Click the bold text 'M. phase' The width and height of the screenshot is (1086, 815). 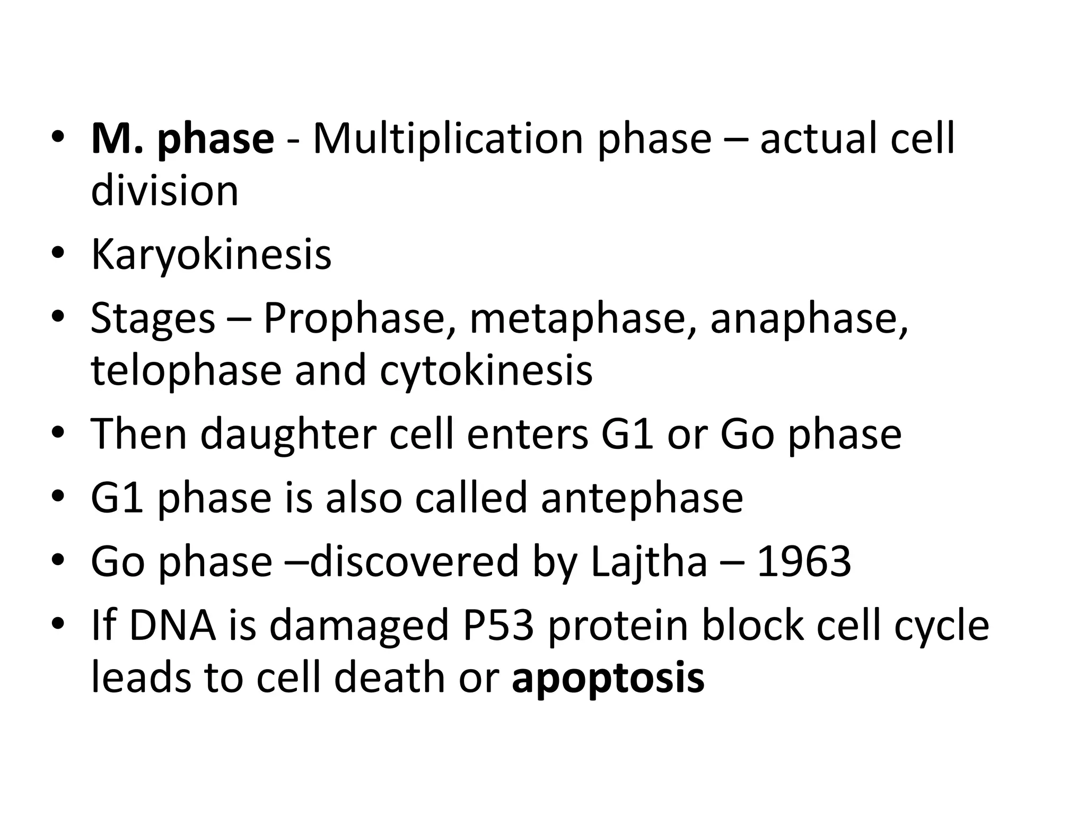point(182,139)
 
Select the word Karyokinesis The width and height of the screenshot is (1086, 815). point(211,256)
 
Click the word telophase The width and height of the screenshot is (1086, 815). point(186,371)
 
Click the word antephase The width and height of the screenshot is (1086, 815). point(642,498)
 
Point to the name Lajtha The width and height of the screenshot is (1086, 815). point(649,562)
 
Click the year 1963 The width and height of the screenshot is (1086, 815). point(804,562)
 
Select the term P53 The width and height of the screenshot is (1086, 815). point(498,626)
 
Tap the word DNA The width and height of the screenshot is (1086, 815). point(173,626)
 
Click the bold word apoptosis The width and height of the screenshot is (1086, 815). point(608,678)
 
